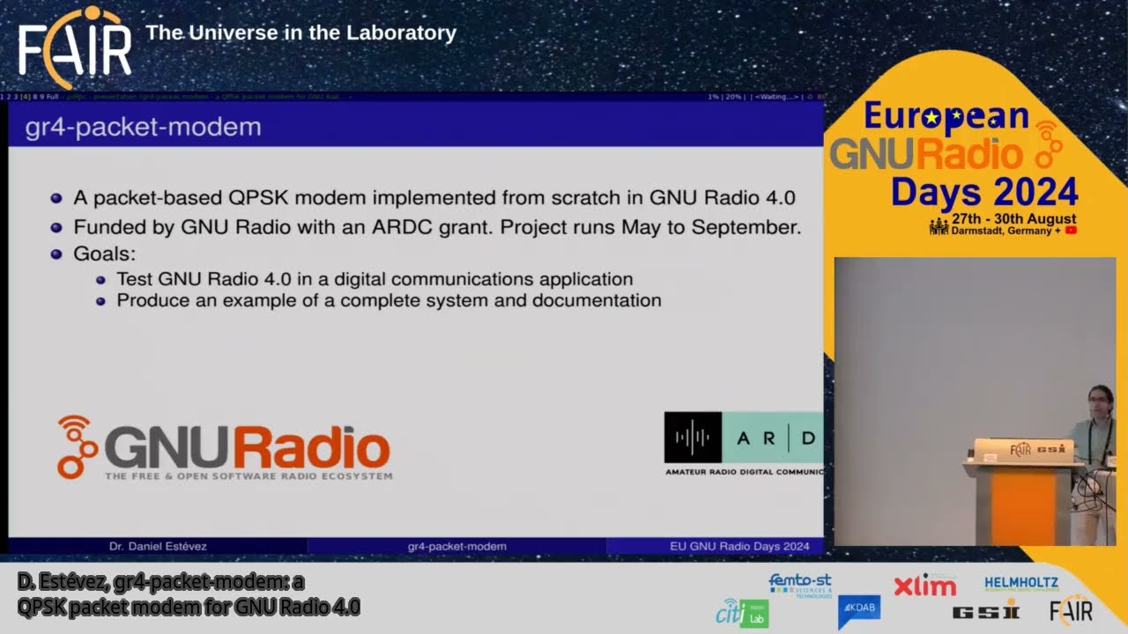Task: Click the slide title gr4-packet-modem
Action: (143, 127)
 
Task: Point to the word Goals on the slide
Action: (104, 254)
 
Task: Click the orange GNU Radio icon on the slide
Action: (77, 446)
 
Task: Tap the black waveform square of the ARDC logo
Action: (693, 437)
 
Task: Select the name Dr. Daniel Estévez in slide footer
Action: (158, 547)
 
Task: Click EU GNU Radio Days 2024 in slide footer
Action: (739, 547)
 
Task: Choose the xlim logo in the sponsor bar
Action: (924, 586)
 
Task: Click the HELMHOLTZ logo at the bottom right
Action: (1021, 584)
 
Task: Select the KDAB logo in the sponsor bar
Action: (858, 610)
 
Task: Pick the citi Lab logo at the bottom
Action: (742, 613)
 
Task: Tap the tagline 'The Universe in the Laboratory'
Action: (301, 33)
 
